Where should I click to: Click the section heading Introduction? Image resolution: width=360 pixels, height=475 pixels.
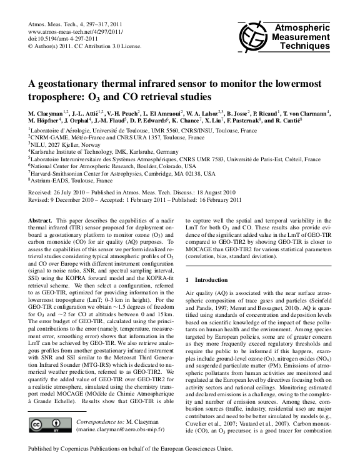click(217, 277)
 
